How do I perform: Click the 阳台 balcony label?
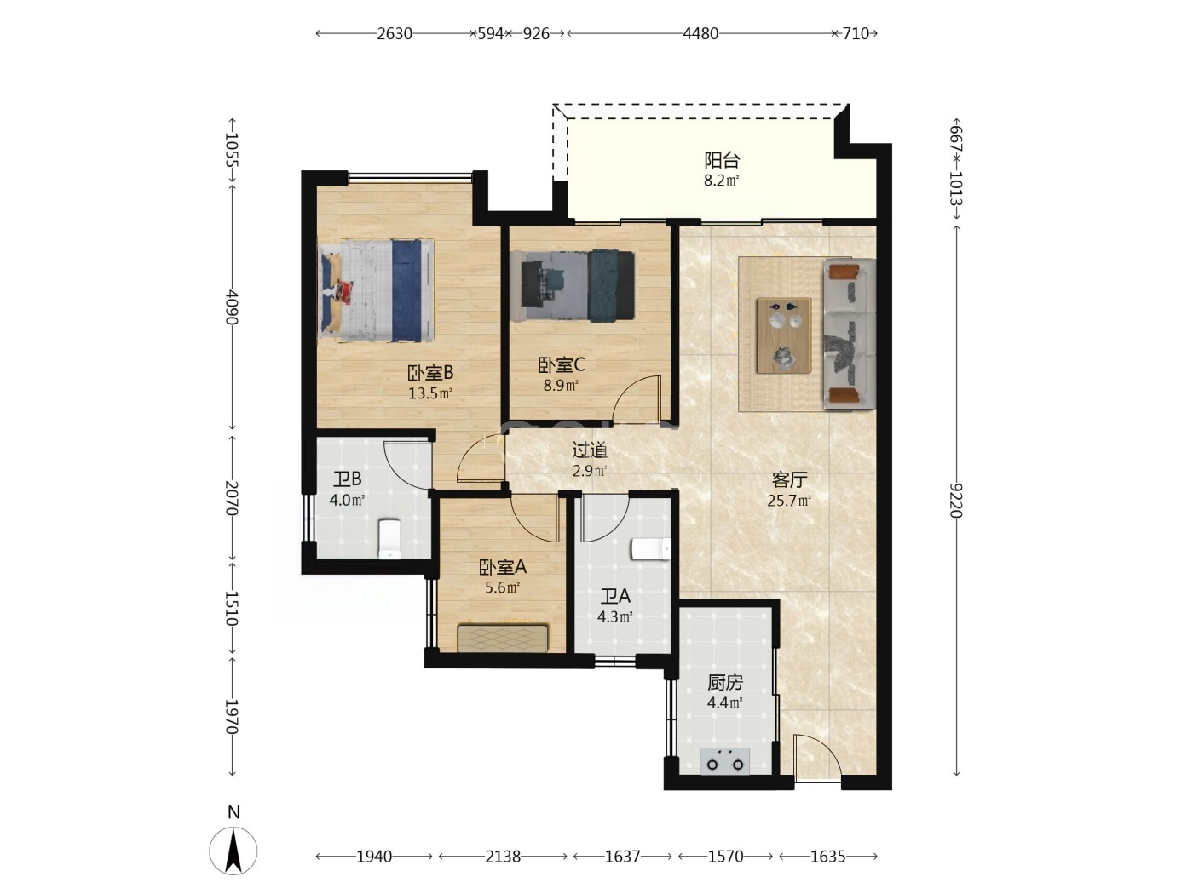click(722, 160)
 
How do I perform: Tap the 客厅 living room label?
click(789, 480)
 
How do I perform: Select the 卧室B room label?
click(430, 373)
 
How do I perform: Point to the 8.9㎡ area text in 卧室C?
click(561, 386)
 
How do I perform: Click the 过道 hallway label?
click(590, 450)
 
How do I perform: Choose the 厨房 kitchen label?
click(725, 682)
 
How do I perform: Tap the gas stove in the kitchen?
click(725, 761)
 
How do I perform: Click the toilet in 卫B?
click(389, 539)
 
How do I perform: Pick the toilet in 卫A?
click(650, 549)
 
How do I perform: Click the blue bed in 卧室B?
click(376, 290)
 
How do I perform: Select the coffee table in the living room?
click(784, 335)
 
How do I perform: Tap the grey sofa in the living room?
click(850, 333)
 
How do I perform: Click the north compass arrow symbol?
click(233, 851)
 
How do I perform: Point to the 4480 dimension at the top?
click(700, 34)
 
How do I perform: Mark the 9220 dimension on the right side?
click(956, 501)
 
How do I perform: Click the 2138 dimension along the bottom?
click(503, 857)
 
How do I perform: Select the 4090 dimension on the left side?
click(232, 307)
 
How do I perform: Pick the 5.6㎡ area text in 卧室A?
click(503, 587)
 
